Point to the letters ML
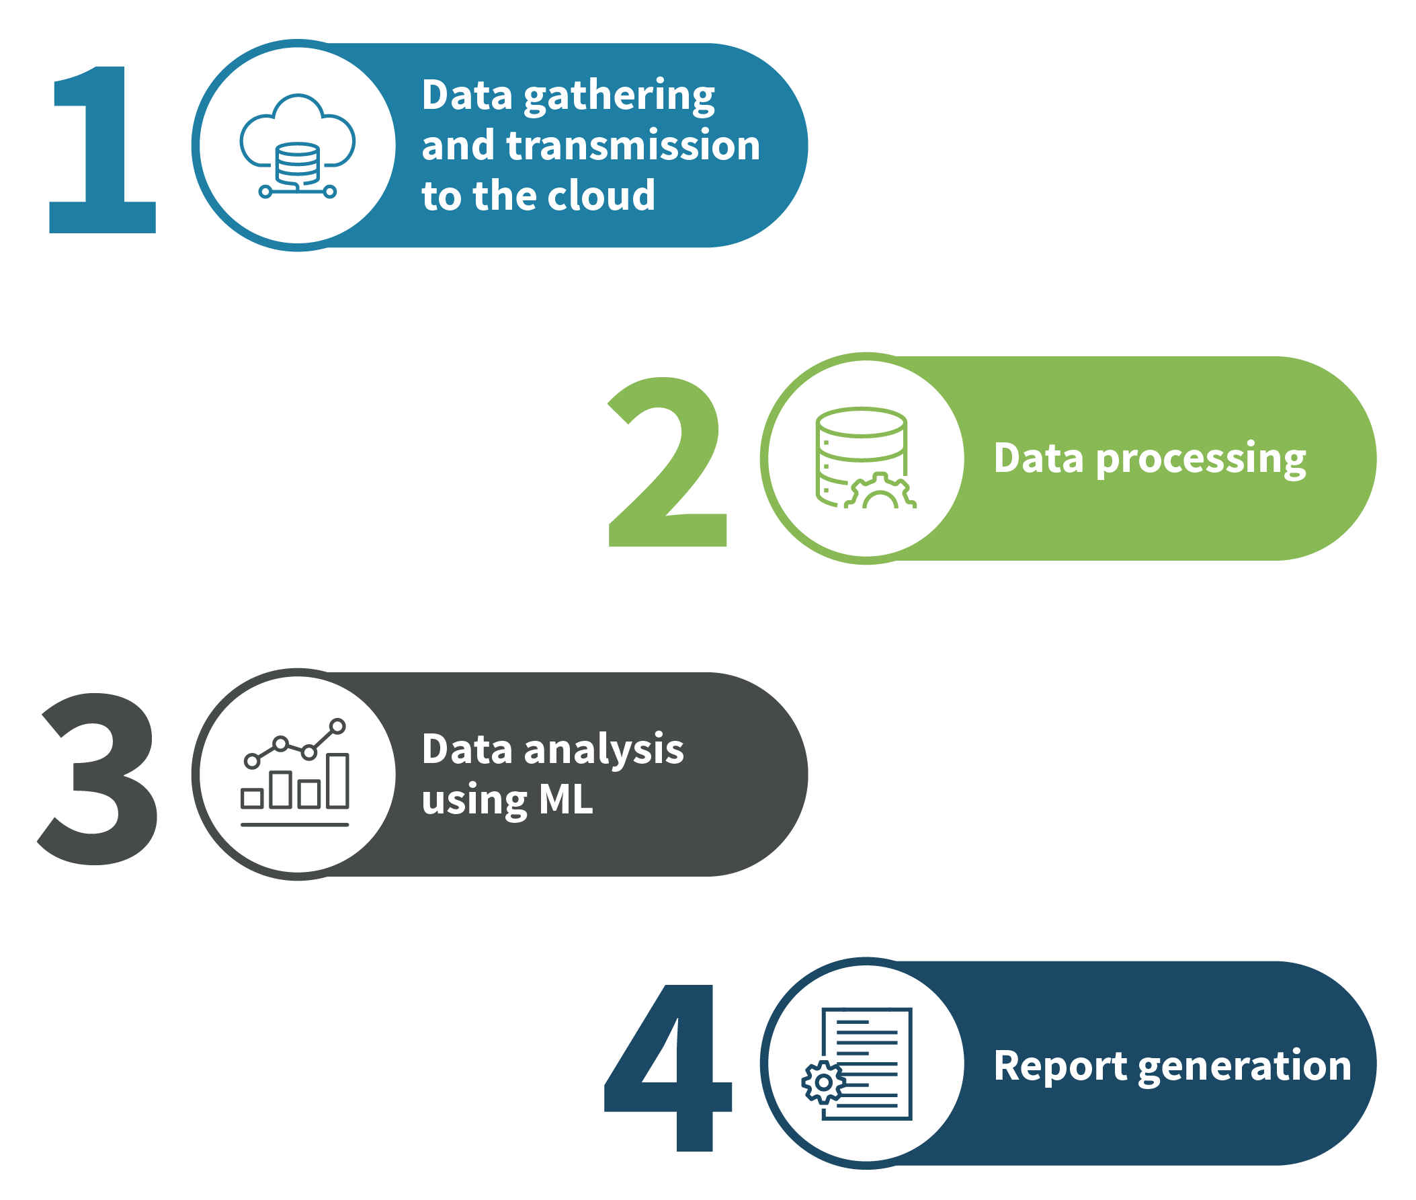(x=566, y=800)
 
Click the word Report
(x=1060, y=1066)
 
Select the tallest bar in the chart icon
(x=337, y=781)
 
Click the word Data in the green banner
(x=1038, y=458)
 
